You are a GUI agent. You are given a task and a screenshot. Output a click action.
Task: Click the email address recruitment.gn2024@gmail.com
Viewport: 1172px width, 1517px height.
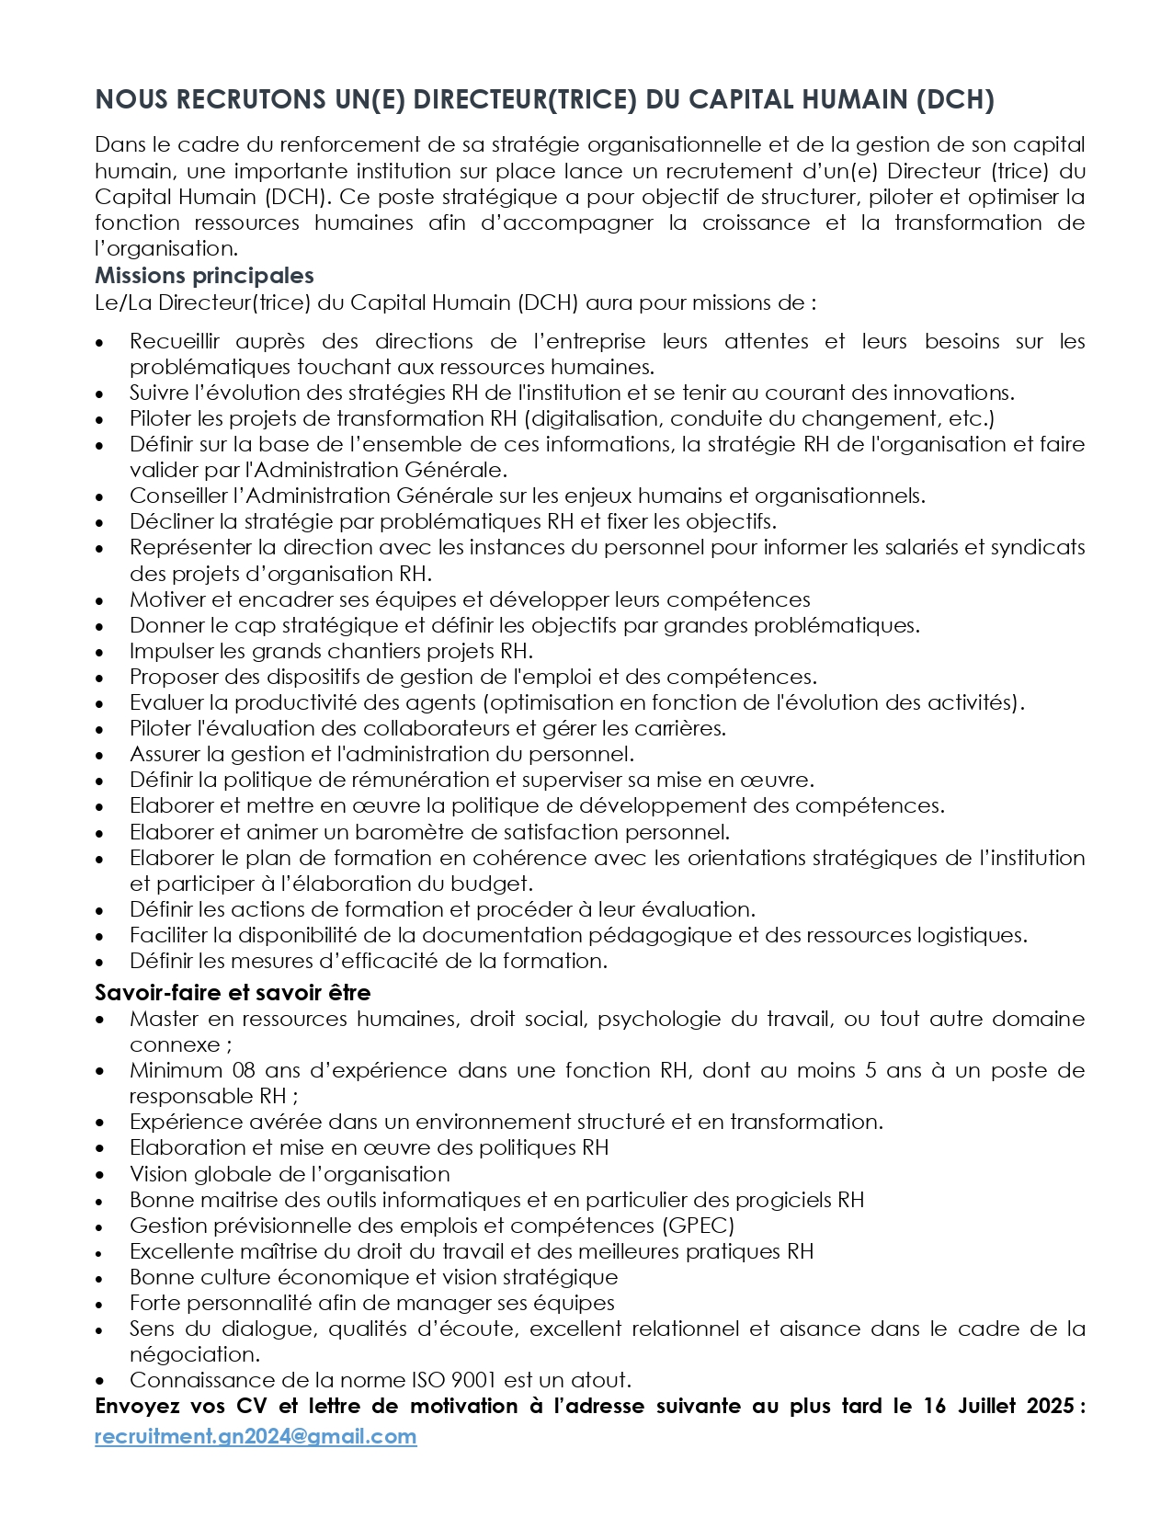(256, 1436)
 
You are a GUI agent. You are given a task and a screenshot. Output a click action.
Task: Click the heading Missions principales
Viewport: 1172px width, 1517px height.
(204, 275)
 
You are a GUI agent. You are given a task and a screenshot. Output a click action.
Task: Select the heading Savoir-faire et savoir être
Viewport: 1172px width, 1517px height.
(233, 992)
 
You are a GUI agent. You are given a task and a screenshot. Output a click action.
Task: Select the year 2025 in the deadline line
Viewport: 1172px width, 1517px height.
(1046, 1406)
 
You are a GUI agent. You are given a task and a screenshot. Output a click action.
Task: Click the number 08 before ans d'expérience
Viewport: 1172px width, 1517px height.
(244, 1070)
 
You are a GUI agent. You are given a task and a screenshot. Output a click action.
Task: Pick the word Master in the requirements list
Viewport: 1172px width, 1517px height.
(162, 1019)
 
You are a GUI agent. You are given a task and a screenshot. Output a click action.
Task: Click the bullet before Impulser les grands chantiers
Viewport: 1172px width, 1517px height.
(100, 652)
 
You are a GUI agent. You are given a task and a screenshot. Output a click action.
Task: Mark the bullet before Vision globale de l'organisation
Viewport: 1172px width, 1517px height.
(100, 1175)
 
